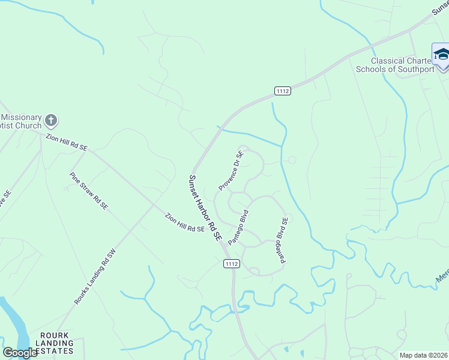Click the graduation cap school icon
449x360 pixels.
click(441, 53)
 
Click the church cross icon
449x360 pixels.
click(51, 120)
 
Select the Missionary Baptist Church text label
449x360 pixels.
click(21, 122)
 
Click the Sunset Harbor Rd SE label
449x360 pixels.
click(205, 208)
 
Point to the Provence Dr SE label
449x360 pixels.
click(231, 171)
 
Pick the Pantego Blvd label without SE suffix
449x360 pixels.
click(238, 227)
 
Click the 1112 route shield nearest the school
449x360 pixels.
click(283, 91)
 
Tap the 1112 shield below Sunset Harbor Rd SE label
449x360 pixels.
click(232, 263)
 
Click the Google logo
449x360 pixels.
click(20, 353)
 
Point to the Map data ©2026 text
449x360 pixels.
click(424, 355)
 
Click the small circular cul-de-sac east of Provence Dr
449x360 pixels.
click(292, 160)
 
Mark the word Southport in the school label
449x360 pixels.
click(412, 69)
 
